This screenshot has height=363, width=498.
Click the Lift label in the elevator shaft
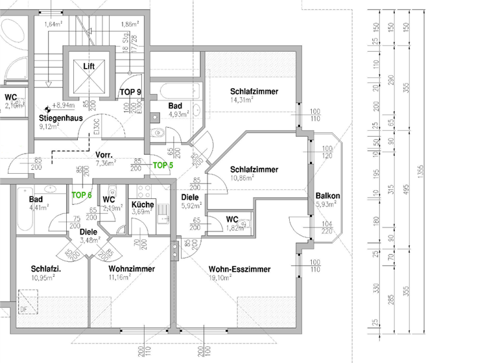[89, 66]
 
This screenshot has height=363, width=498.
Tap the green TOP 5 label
[163, 165]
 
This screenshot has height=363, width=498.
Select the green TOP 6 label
[82, 194]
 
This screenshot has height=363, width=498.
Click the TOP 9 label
[130, 92]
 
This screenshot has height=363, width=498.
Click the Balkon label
[327, 196]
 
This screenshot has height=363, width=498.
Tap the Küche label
[142, 204]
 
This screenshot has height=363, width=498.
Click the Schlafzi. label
[45, 268]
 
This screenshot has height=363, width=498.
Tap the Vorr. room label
[104, 156]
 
